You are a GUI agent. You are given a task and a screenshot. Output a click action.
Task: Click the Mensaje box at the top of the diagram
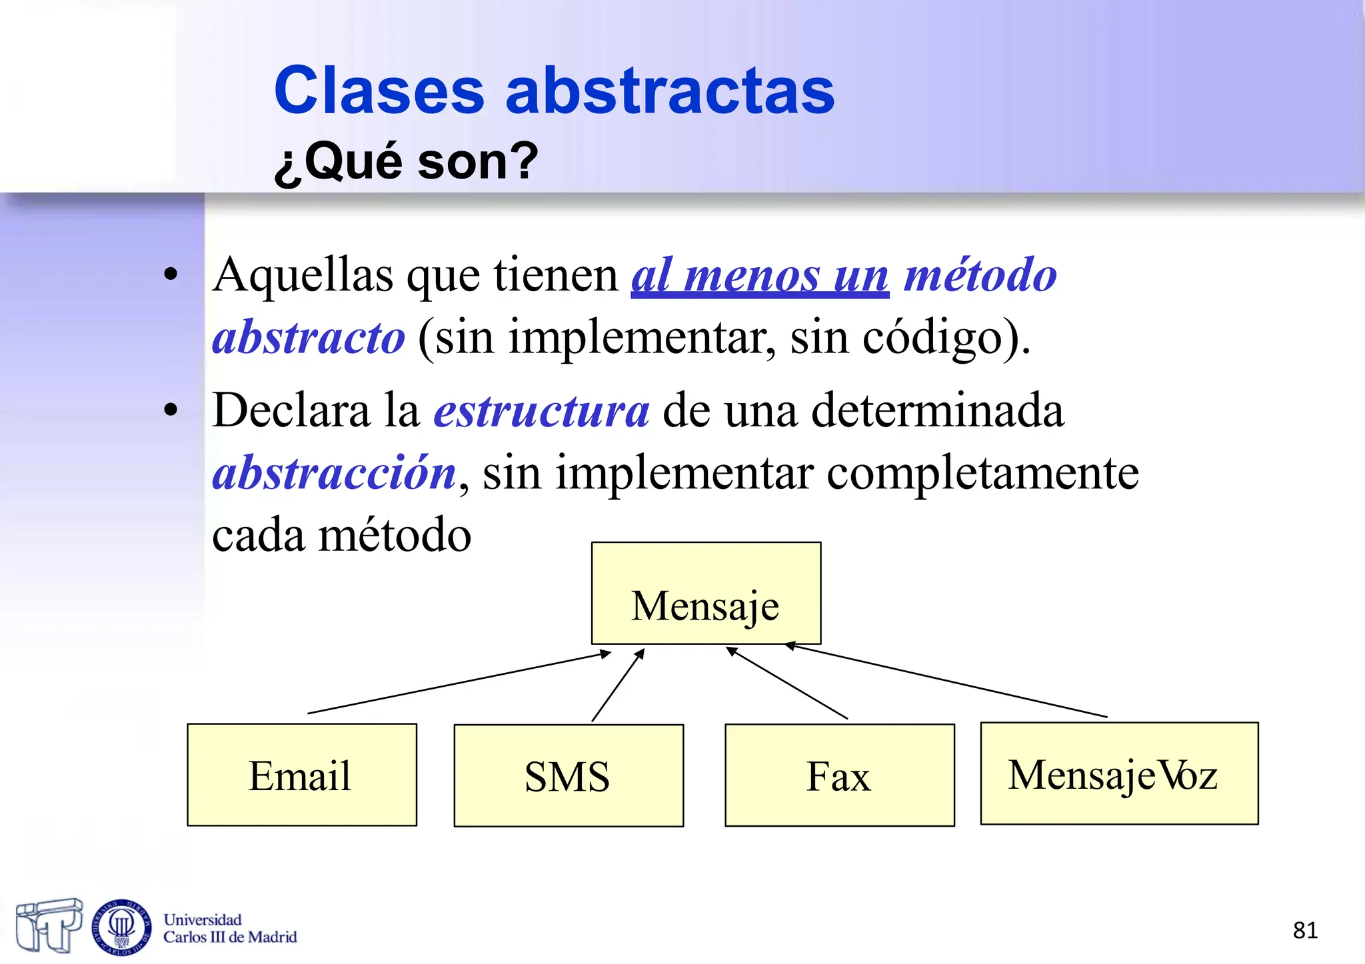(x=706, y=593)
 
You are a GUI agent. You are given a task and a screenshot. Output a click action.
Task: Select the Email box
(x=302, y=775)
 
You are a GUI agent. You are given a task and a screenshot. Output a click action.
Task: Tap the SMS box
(x=569, y=775)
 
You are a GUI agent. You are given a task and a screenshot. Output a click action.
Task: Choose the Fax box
(x=839, y=775)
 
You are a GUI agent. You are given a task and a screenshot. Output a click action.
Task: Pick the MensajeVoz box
(x=1119, y=773)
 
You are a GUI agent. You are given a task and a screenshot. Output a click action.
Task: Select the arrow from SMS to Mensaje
(x=618, y=686)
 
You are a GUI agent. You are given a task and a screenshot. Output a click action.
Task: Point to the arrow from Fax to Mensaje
(x=786, y=683)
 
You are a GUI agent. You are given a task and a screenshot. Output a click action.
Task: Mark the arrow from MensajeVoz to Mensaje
(x=946, y=681)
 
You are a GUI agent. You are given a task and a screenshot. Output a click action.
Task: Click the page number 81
(x=1305, y=930)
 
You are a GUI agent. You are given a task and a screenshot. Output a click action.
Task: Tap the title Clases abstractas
(x=554, y=91)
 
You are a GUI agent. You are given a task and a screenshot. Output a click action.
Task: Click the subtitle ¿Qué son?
(x=406, y=162)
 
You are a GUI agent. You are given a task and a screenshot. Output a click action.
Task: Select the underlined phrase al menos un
(x=760, y=275)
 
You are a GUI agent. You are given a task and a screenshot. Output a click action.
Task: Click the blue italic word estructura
(x=541, y=411)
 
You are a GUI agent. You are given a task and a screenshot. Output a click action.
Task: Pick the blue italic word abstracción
(x=334, y=473)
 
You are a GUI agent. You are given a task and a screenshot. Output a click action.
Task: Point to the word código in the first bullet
(x=933, y=338)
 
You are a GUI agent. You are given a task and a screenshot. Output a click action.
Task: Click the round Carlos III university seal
(x=121, y=927)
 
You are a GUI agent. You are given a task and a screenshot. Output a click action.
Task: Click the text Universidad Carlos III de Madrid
(x=229, y=928)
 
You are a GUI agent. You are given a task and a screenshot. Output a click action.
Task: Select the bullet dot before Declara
(x=171, y=410)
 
